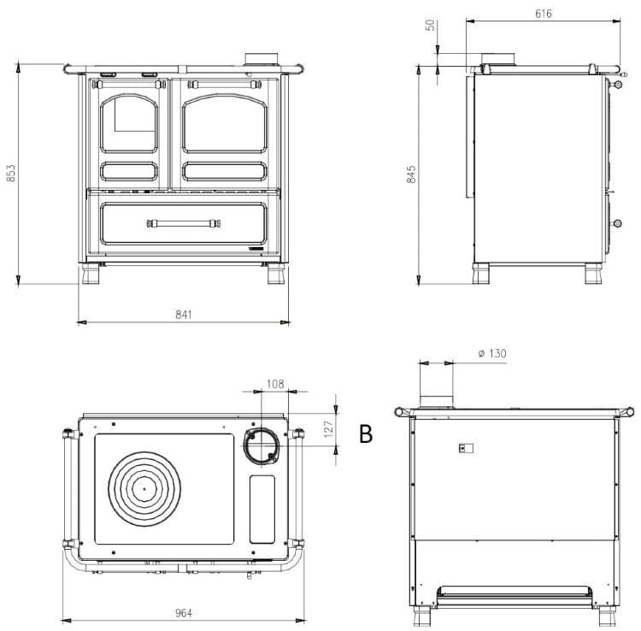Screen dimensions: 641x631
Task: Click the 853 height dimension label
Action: [x=11, y=173]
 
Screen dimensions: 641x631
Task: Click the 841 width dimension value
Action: [x=184, y=314]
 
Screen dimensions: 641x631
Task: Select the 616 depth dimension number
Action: [x=544, y=14]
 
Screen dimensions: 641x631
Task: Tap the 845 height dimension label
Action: [x=411, y=174]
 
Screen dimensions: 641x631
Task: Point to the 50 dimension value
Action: [x=431, y=26]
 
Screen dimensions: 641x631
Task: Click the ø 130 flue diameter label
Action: [x=492, y=353]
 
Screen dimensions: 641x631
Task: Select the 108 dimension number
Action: [x=275, y=384]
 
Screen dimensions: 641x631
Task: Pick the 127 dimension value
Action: [x=329, y=429]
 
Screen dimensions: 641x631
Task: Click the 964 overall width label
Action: [x=184, y=612]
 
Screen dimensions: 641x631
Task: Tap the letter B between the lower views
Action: [x=366, y=433]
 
